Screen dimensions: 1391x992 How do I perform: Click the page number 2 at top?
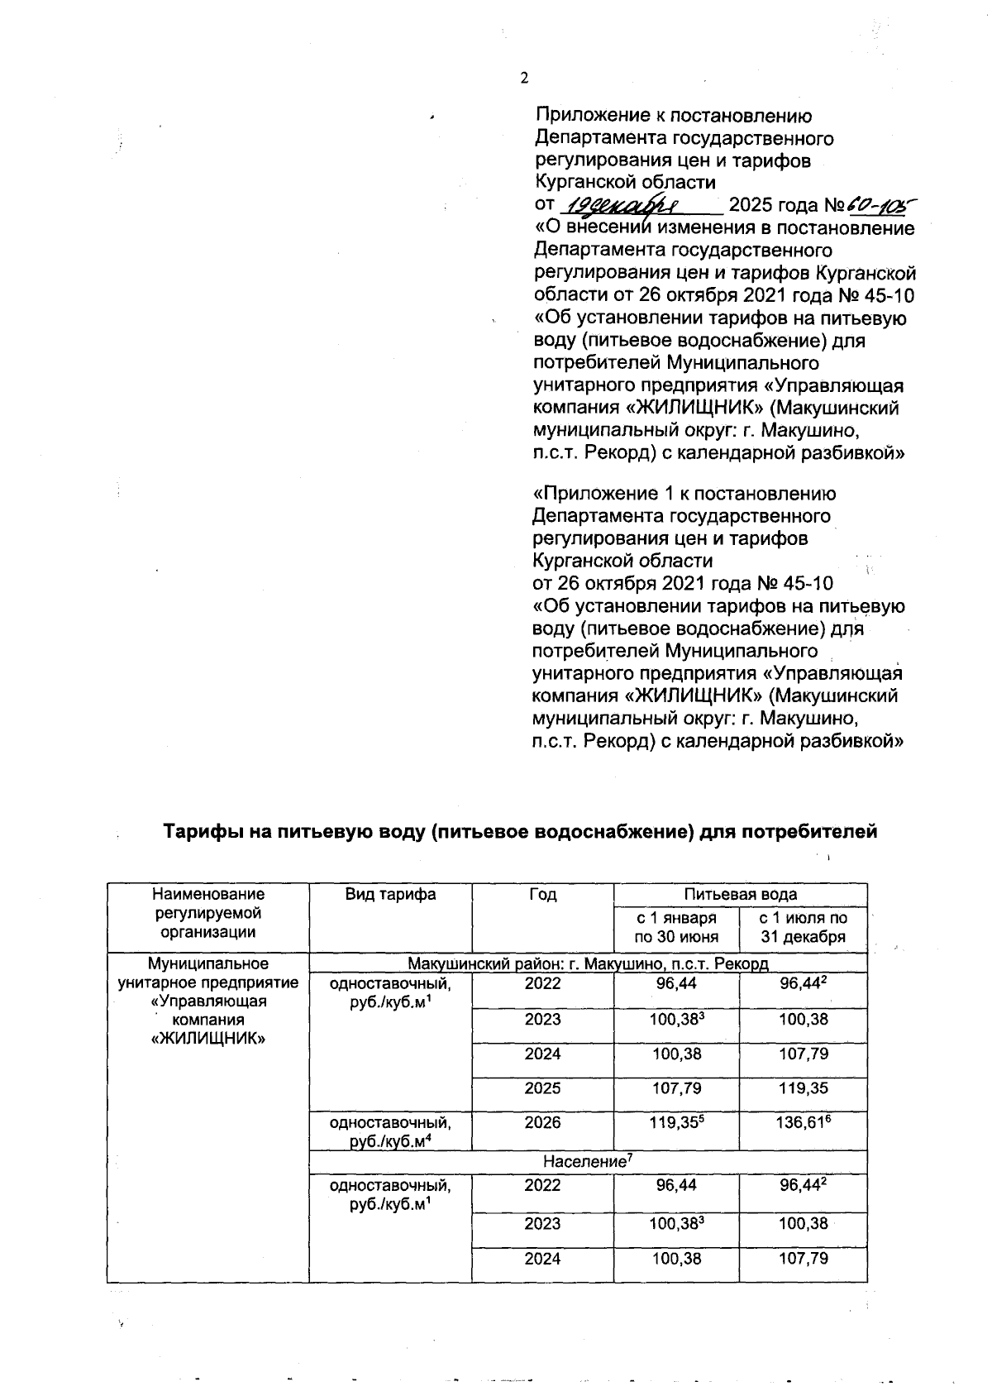pos(522,79)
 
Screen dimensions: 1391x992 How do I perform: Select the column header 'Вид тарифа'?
pos(390,894)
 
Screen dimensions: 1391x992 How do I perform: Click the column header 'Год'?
pos(542,894)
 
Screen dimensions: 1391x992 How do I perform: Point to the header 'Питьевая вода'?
pos(740,894)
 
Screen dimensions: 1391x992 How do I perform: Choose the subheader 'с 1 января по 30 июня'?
pos(675,927)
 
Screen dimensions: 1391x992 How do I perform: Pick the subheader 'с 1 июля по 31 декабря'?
pos(803,927)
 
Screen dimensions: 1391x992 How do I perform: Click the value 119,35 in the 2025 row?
pos(803,1088)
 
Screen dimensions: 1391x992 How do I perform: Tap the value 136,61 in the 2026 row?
pos(803,1123)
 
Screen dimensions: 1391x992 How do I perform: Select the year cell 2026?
pos(542,1122)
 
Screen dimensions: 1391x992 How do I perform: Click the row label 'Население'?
pos(587,1162)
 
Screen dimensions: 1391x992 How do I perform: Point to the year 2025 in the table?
pos(542,1088)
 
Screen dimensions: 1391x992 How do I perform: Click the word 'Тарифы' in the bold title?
pos(199,831)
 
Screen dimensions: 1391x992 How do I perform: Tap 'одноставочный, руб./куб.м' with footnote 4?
pos(390,1130)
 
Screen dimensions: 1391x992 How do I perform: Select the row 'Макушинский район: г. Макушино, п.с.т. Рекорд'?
pos(588,963)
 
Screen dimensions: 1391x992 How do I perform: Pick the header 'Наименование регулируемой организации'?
pos(207,913)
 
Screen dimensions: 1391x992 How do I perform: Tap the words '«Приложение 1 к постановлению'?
pos(684,494)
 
